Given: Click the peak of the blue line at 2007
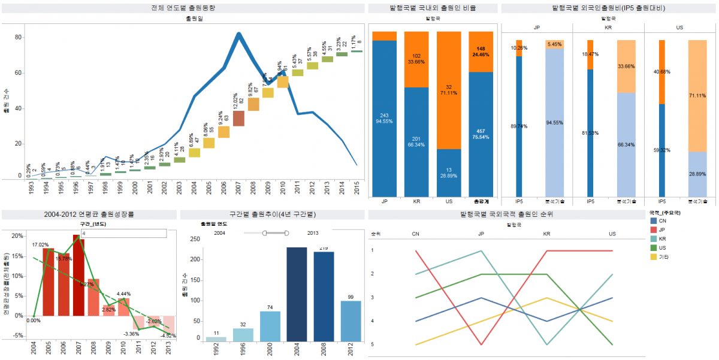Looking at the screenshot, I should [238, 34].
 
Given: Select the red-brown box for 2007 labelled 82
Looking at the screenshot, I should [238, 119].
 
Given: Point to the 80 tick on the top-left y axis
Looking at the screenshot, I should [18, 37].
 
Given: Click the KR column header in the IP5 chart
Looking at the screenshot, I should [608, 28].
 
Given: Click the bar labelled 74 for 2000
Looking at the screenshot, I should [270, 326].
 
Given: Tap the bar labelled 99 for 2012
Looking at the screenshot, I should [351, 321].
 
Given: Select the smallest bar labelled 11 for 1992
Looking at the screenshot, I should [216, 339].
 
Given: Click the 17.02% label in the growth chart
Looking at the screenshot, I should [40, 244].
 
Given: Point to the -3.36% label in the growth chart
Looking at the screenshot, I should [131, 333].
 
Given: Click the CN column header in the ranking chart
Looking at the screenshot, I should [416, 234].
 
